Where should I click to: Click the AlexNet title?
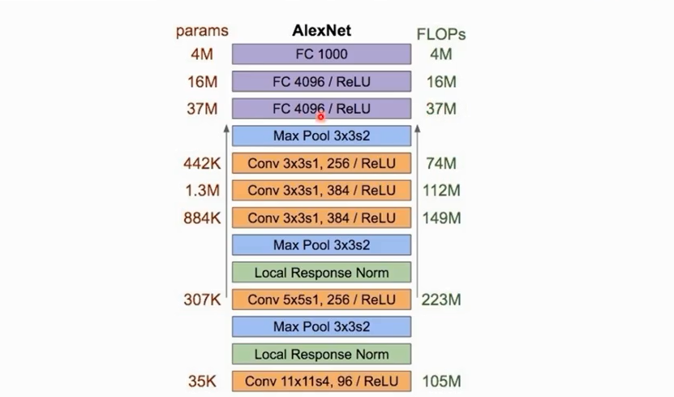point(321,32)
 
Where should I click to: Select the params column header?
point(202,32)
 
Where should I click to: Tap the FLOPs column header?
point(440,34)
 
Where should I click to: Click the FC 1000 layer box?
point(321,54)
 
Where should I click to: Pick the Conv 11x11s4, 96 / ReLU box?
point(321,381)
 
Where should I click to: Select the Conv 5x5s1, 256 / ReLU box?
point(321,300)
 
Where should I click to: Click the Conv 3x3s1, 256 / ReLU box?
point(321,163)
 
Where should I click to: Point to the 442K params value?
point(202,163)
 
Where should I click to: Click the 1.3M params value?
point(203,191)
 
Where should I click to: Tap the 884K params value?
point(202,218)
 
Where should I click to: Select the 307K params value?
point(202,300)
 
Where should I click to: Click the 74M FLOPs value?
point(440,163)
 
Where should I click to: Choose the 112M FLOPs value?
point(440,191)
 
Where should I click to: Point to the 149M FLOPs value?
point(441,218)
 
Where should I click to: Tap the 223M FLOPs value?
point(441,300)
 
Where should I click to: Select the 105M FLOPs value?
point(441,381)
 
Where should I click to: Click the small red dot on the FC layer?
point(320,116)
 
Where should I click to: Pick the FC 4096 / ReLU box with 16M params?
point(321,81)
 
